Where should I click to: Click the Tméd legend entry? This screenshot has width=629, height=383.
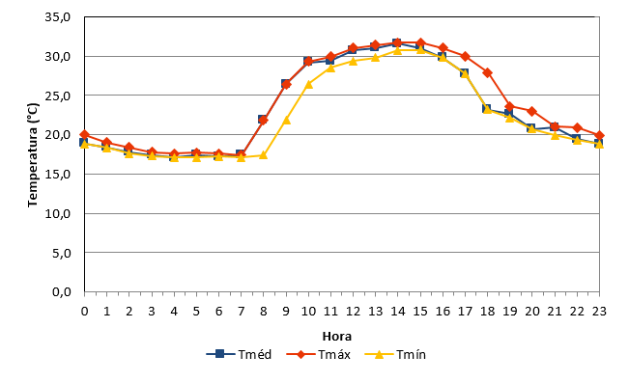(x=239, y=355)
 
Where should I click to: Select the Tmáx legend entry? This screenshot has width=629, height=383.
(x=319, y=355)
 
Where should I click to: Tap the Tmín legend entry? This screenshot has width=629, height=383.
(x=395, y=355)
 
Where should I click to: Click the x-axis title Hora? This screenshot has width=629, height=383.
(x=337, y=336)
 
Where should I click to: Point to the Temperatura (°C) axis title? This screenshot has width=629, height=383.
(x=33, y=155)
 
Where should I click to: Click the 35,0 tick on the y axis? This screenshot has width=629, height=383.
(x=58, y=17)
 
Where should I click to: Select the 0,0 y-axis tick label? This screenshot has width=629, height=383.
(x=62, y=292)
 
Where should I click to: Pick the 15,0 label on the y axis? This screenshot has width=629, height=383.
(x=58, y=175)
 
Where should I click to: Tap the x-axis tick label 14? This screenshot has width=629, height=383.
(x=397, y=312)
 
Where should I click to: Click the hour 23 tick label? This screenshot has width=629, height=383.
(x=599, y=312)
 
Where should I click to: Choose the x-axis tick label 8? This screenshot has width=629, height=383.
(x=263, y=312)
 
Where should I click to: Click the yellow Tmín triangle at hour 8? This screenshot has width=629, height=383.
(x=263, y=155)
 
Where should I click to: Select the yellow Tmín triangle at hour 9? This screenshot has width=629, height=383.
(x=286, y=120)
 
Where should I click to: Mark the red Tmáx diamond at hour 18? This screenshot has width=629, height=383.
(x=487, y=73)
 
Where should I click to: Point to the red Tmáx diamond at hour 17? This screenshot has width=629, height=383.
(x=465, y=57)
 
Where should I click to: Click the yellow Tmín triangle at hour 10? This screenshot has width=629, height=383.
(x=308, y=84)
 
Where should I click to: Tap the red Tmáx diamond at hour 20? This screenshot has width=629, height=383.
(x=532, y=111)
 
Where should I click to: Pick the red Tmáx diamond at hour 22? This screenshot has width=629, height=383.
(x=577, y=127)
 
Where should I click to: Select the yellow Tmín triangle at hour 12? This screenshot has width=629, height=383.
(x=353, y=61)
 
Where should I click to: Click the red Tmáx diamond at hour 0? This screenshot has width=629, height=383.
(x=84, y=135)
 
